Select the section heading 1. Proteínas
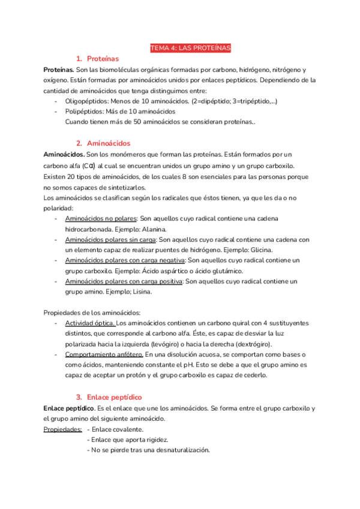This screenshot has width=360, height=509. click(x=97, y=59)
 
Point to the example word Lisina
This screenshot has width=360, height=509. click(x=139, y=292)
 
